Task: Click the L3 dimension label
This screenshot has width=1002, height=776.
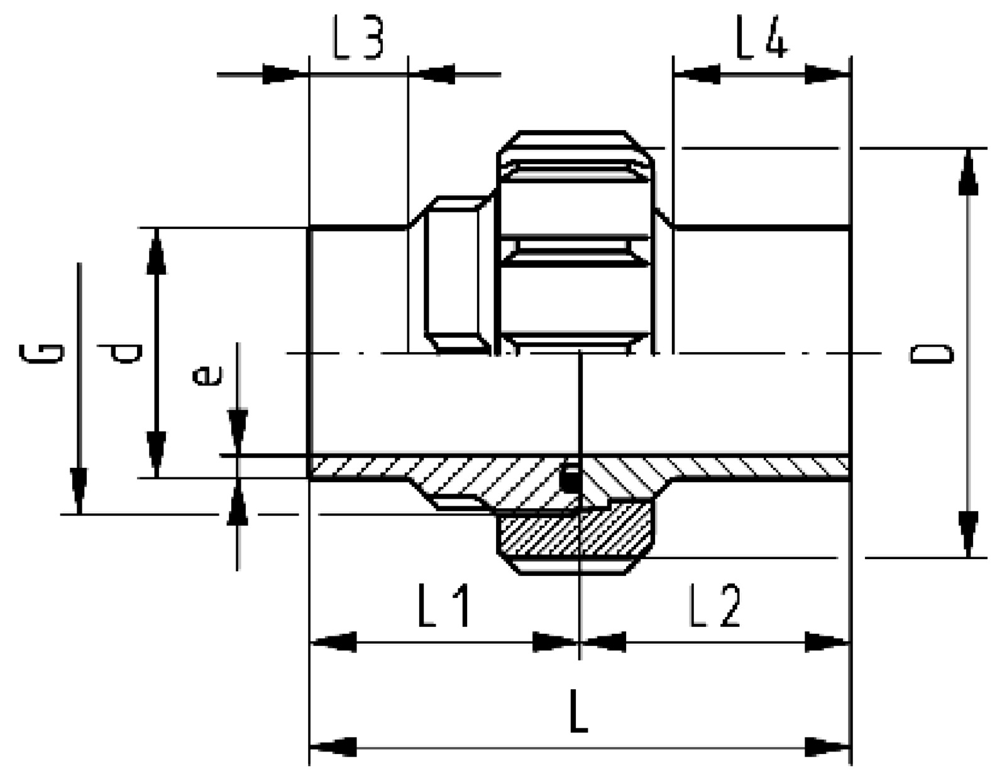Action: pyautogui.click(x=358, y=37)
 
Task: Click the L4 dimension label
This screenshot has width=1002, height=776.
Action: pyautogui.click(x=763, y=37)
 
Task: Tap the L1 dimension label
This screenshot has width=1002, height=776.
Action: pyautogui.click(x=444, y=606)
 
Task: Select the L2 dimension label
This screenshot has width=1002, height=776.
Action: pyautogui.click(x=715, y=606)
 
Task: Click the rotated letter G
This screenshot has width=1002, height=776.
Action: pyautogui.click(x=41, y=353)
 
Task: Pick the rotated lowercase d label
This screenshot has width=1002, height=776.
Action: pyautogui.click(x=120, y=353)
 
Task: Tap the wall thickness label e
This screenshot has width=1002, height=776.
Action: pyautogui.click(x=207, y=376)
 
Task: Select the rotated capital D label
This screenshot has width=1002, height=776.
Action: pyautogui.click(x=932, y=354)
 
